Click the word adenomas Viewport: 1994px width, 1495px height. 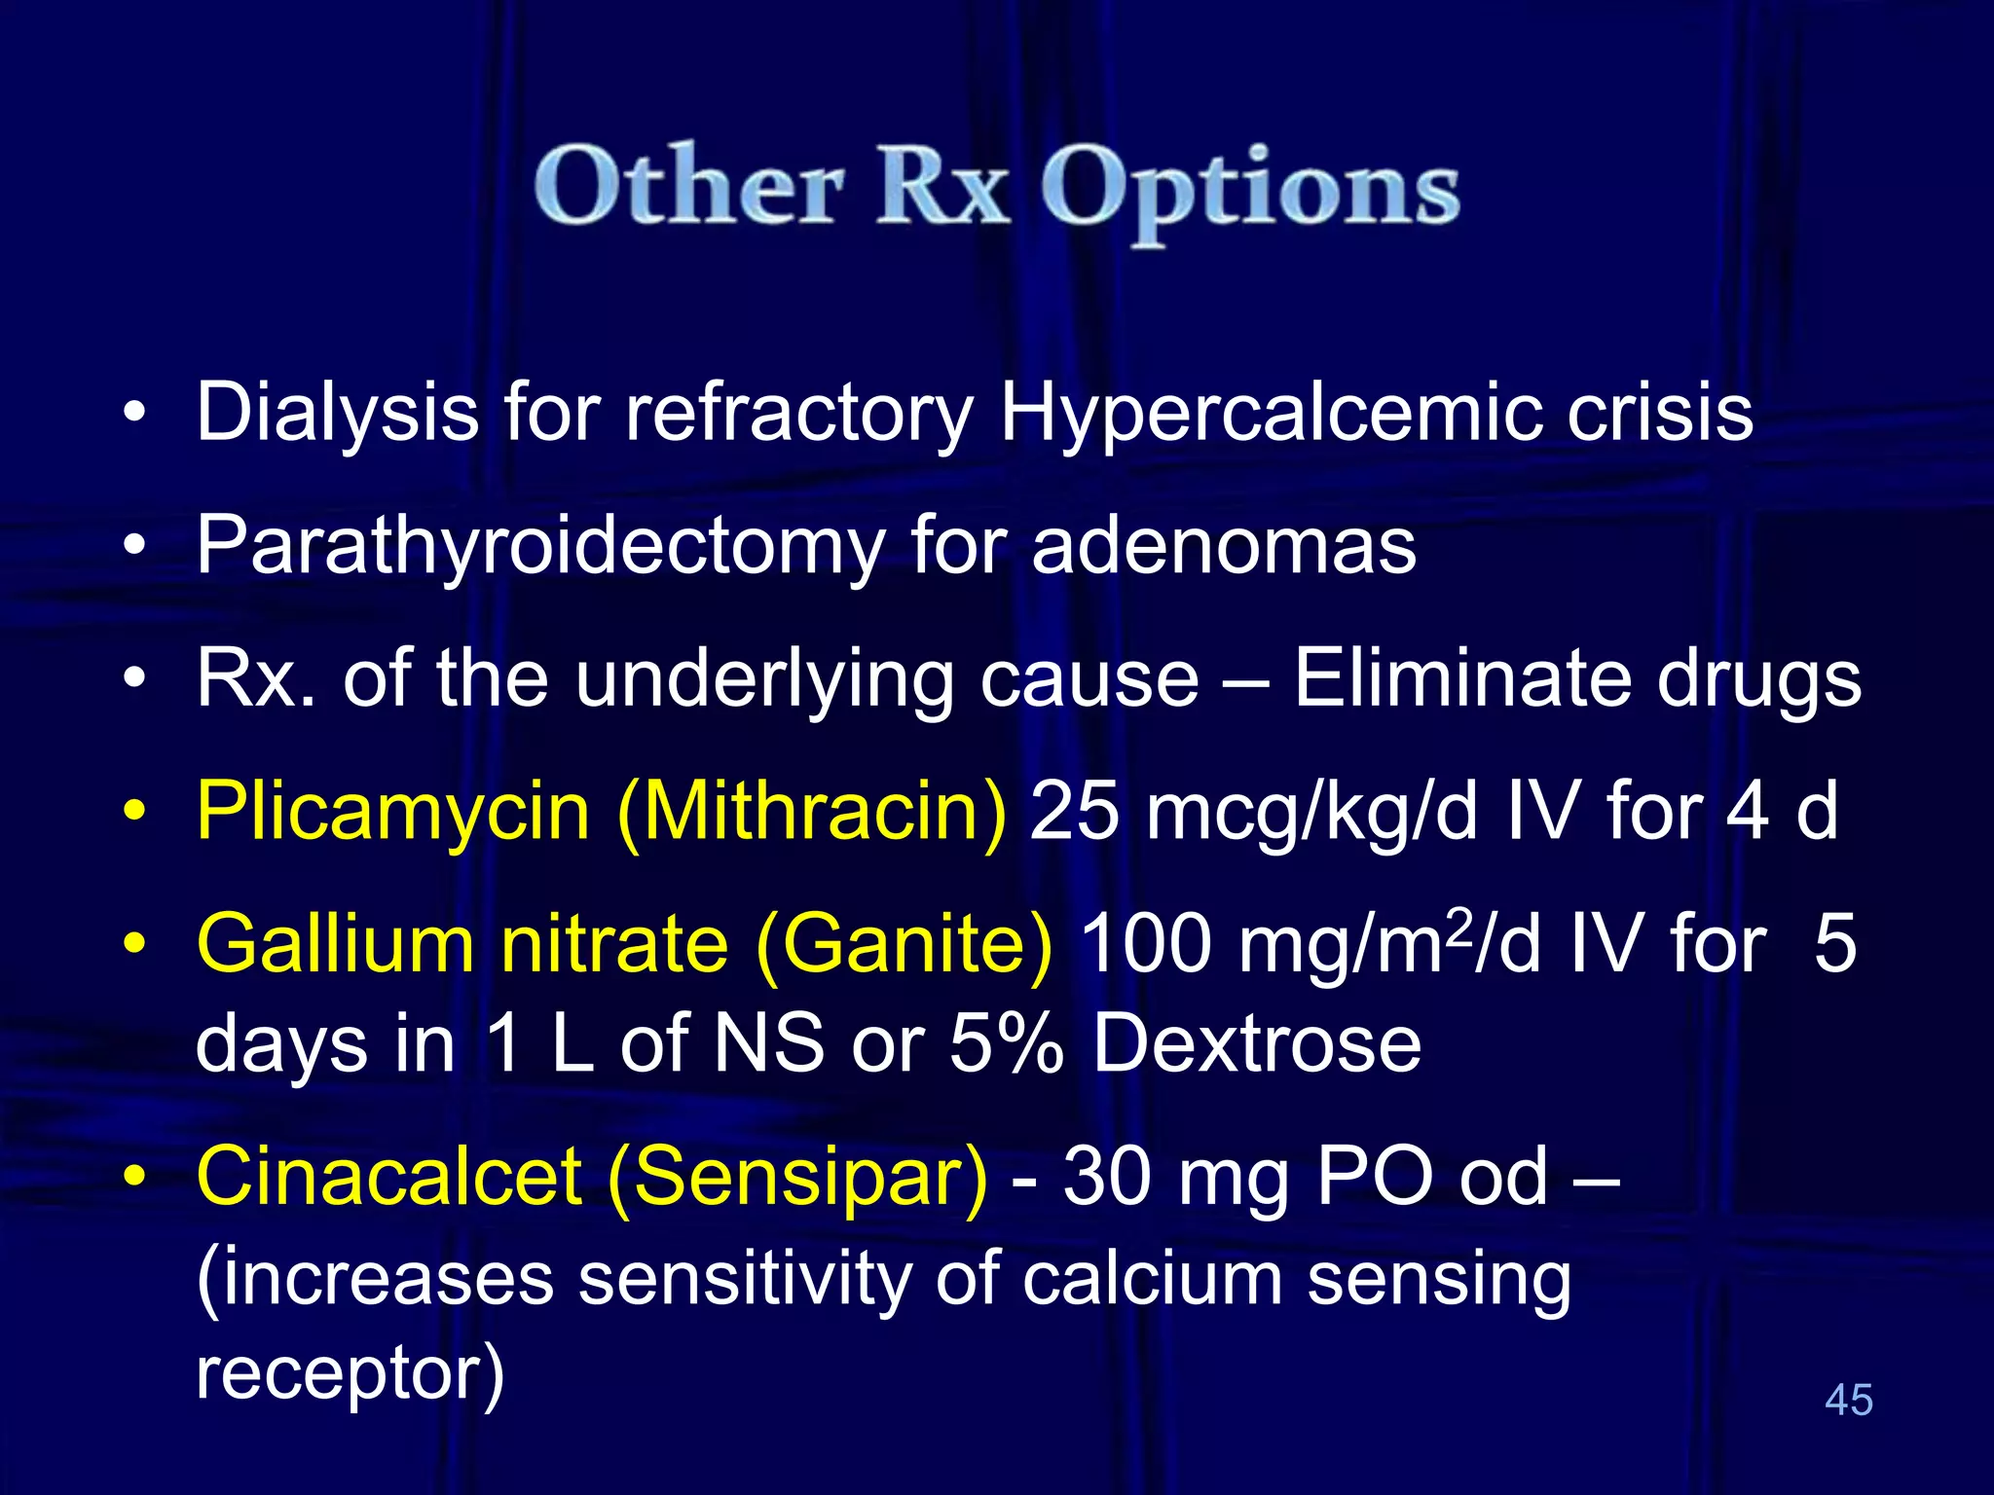pos(1223,546)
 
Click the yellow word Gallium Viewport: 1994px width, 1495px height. pos(334,945)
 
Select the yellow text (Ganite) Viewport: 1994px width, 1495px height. pos(904,945)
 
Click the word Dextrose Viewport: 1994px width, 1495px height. pos(1257,1044)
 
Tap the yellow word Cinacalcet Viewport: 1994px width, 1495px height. pos(388,1177)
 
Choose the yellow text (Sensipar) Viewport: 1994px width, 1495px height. pos(797,1177)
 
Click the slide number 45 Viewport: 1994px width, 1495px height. pos(1848,1400)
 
